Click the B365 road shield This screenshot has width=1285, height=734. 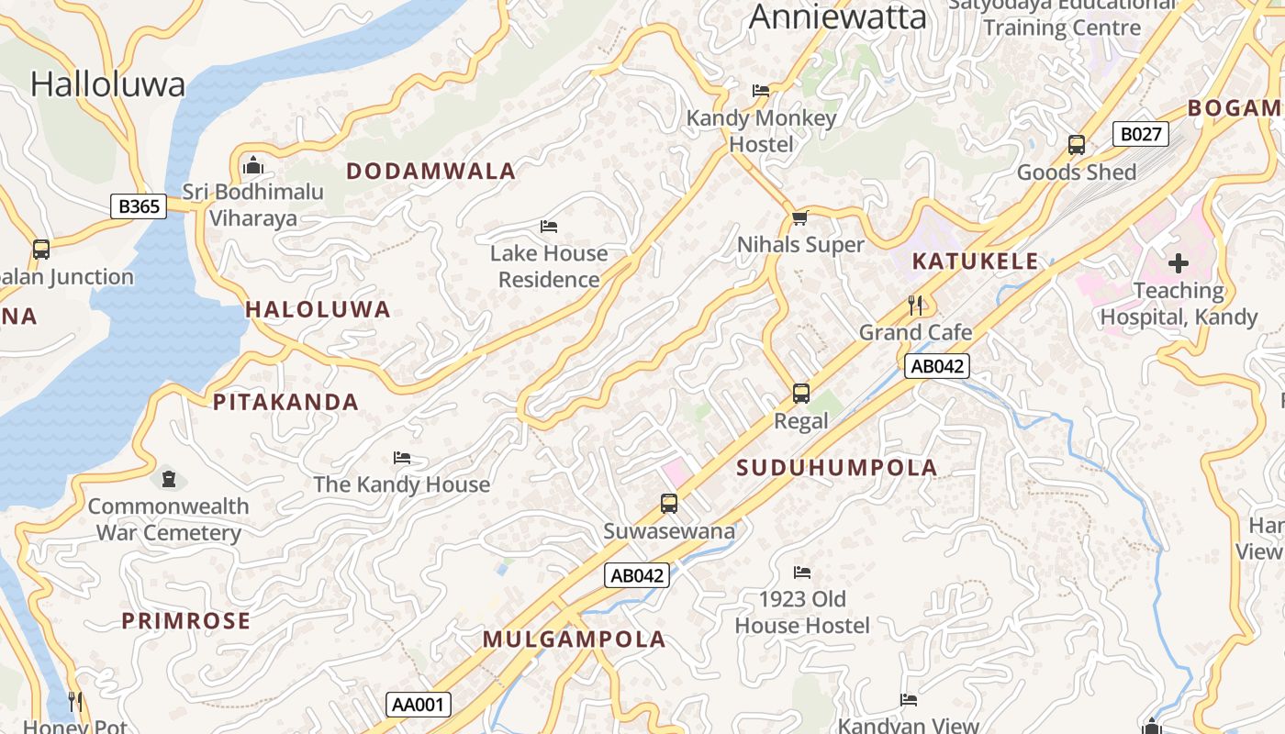pyautogui.click(x=139, y=206)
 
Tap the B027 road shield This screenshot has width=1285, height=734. pyautogui.click(x=1141, y=134)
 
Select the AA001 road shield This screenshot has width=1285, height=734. pyautogui.click(x=418, y=705)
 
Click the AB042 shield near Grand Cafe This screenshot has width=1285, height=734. pyautogui.click(x=936, y=367)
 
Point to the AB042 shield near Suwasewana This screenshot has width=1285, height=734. pyautogui.click(x=636, y=575)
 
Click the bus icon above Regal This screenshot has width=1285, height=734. pyautogui.click(x=801, y=394)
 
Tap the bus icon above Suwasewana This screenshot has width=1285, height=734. pyautogui.click(x=669, y=504)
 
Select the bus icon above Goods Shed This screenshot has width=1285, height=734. pyautogui.click(x=1077, y=145)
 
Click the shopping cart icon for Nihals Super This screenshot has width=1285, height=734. pyautogui.click(x=799, y=218)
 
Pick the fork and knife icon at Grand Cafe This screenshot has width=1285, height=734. pyautogui.click(x=914, y=306)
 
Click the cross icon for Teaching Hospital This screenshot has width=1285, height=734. pyautogui.click(x=1179, y=264)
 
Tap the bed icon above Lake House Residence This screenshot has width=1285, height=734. pyautogui.click(x=549, y=227)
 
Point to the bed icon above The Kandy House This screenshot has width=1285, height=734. pyautogui.click(x=401, y=458)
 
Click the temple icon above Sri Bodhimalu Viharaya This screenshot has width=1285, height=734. pyautogui.click(x=252, y=166)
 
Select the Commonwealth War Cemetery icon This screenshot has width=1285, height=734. pyautogui.click(x=168, y=479)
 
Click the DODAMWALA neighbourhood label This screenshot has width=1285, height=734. pyautogui.click(x=430, y=172)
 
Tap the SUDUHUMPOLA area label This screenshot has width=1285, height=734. pyautogui.click(x=837, y=468)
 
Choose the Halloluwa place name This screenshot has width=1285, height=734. pyautogui.click(x=107, y=84)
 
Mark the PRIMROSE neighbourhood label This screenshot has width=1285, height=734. pyautogui.click(x=186, y=621)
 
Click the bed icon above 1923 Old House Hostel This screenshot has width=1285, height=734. pyautogui.click(x=802, y=573)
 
